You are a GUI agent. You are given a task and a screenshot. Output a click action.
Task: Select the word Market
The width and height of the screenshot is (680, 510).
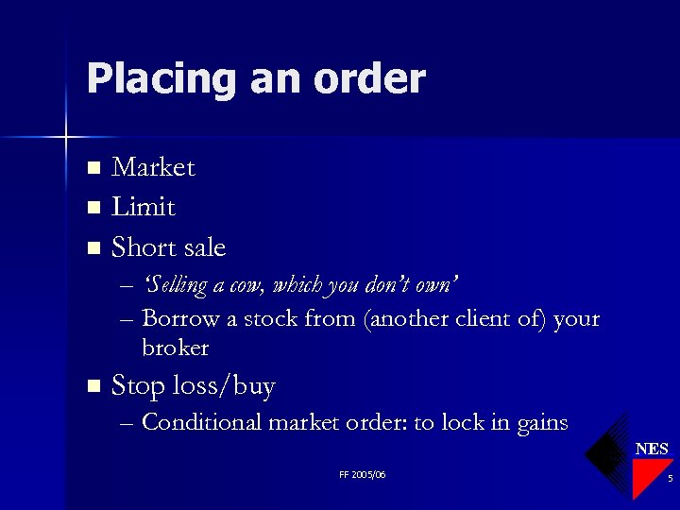pos(153,168)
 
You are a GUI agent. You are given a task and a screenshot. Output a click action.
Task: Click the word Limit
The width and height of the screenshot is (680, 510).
pos(144,207)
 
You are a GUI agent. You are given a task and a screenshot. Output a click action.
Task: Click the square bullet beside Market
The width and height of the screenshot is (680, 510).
pos(93,169)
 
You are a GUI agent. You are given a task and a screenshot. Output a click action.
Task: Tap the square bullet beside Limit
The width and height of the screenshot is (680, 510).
pos(93,208)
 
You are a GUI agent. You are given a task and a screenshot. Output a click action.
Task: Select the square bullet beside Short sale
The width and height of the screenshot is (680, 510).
pos(93,248)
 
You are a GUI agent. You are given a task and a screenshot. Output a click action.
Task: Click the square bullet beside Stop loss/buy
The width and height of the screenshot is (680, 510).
pos(93,385)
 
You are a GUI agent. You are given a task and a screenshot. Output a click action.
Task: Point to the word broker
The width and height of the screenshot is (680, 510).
pos(175,348)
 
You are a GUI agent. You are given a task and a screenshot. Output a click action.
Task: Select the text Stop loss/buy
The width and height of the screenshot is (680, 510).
pos(193,385)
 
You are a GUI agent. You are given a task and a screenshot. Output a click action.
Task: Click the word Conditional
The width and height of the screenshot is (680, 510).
pos(201,422)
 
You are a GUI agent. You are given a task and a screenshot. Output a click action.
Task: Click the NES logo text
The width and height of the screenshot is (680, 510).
pos(652,449)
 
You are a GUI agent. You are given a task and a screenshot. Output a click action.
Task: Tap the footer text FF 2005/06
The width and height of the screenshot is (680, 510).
pos(362,474)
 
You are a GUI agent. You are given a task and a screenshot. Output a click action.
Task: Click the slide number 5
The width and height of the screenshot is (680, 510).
pos(669,479)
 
